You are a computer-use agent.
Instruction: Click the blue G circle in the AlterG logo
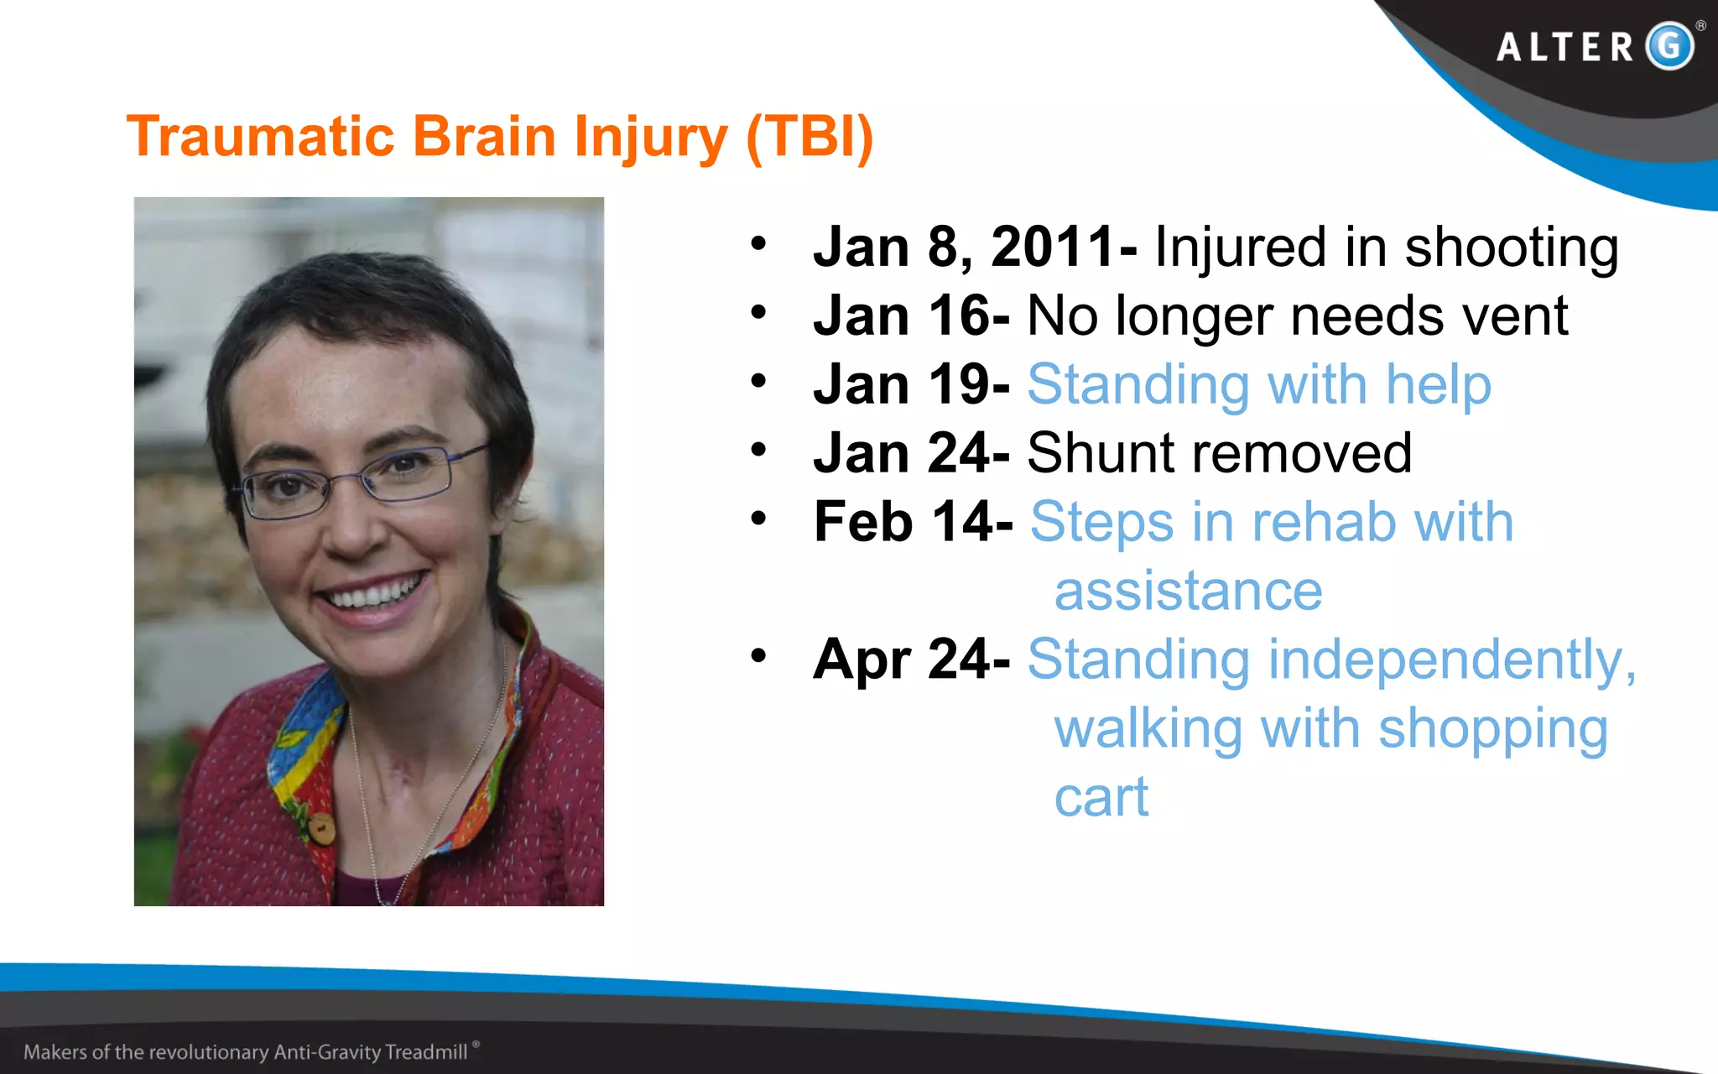click(x=1669, y=45)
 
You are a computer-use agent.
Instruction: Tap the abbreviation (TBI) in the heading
click(x=810, y=136)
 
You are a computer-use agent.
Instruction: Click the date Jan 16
click(x=911, y=316)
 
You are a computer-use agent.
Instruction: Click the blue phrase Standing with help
click(x=1258, y=385)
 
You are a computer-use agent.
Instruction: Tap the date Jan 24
click(x=911, y=454)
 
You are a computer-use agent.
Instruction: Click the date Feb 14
click(x=913, y=523)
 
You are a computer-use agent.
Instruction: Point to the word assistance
click(x=1188, y=592)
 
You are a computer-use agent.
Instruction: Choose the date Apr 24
click(x=911, y=660)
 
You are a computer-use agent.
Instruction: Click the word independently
click(x=1451, y=660)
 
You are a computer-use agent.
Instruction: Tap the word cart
click(x=1101, y=798)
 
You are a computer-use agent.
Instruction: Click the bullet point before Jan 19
click(x=759, y=382)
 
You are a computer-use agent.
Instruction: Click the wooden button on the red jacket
click(x=321, y=829)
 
